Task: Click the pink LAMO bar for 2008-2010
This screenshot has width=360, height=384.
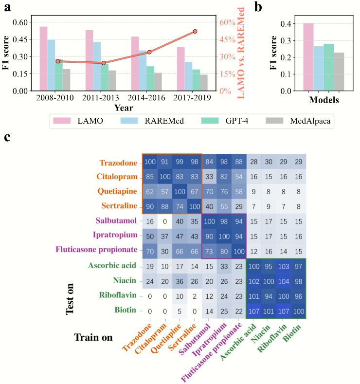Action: coord(43,58)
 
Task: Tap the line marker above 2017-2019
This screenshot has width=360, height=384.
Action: coord(195,31)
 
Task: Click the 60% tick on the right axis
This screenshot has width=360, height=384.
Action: coord(227,22)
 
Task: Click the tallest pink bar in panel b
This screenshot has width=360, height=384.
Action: coord(308,56)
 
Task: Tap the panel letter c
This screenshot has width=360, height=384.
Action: coord(7,138)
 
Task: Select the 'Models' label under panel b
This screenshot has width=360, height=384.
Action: coord(324,100)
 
